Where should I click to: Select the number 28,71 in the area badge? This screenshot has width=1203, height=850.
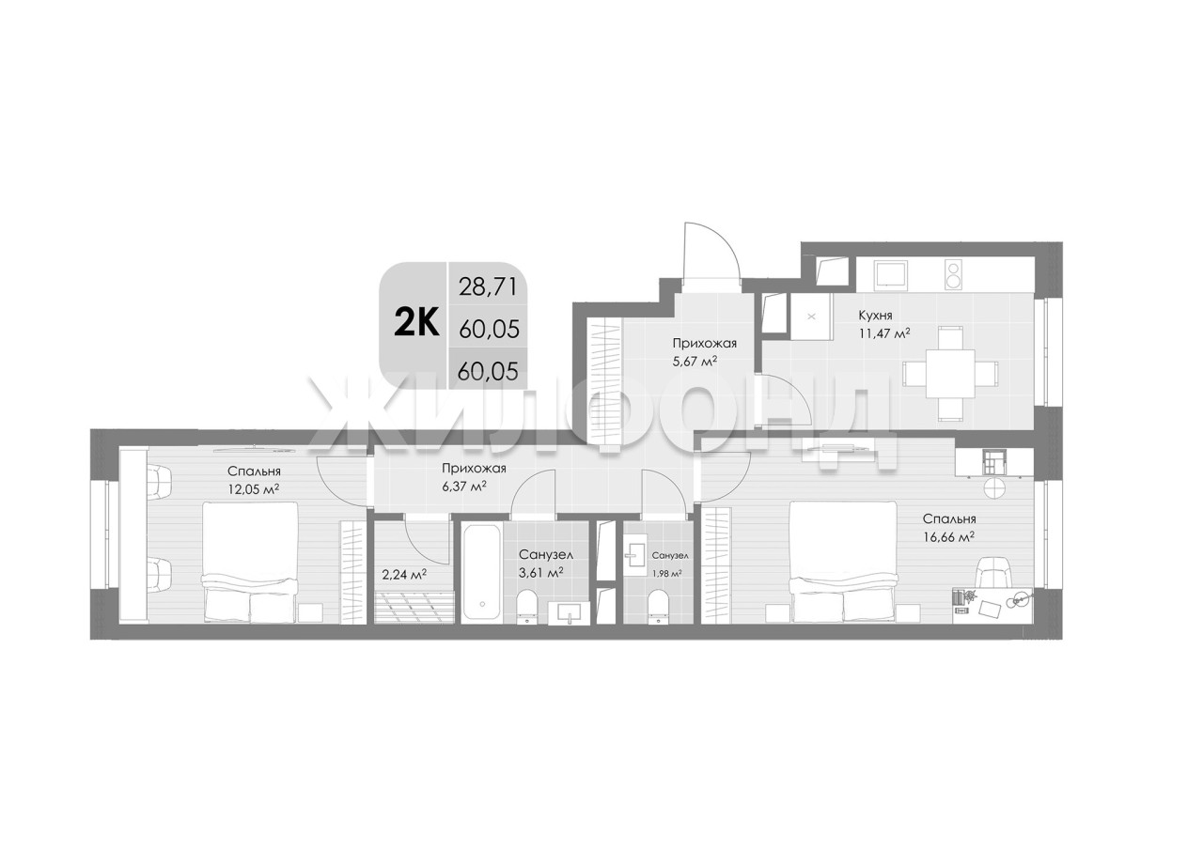coord(488,287)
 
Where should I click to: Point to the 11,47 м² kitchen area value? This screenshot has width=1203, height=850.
coord(884,333)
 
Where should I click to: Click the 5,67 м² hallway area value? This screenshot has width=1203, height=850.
coord(695,362)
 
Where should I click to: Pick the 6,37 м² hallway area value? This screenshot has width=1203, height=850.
coord(464,487)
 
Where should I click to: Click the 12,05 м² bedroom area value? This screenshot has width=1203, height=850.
coord(254,489)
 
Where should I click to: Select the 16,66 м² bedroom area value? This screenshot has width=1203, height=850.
coord(949,537)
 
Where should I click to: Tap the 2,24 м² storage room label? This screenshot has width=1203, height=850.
coord(404,576)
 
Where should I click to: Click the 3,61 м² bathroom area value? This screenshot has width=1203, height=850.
coord(540,573)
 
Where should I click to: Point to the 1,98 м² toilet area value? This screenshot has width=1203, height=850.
coord(667,573)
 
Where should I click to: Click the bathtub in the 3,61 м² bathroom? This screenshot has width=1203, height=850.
coord(482,573)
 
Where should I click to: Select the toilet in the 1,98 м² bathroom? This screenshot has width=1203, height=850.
coord(658,607)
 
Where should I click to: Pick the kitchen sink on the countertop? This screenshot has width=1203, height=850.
coord(890,274)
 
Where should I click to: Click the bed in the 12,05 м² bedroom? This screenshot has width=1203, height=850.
coord(250,563)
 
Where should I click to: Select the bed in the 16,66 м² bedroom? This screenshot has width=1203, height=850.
coord(843,562)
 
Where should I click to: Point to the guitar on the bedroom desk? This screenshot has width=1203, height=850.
coord(1019,600)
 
